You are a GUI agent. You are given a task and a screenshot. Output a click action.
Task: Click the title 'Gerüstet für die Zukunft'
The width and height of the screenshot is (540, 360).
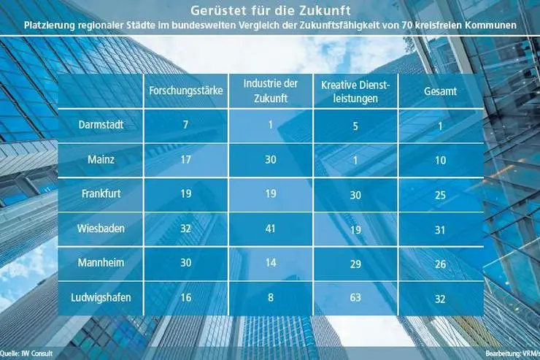(x=270, y=10)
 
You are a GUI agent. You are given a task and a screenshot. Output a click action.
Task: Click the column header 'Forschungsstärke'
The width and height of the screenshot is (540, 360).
(x=185, y=92)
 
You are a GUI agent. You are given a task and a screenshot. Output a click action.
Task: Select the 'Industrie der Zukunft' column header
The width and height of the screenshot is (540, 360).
(x=270, y=91)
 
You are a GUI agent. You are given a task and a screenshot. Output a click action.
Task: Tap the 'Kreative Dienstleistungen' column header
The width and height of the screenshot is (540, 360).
(x=354, y=91)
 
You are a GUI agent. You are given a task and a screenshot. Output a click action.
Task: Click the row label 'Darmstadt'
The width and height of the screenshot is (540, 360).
(x=101, y=125)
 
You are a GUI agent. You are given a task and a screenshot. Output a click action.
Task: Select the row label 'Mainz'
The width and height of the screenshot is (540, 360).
(x=101, y=160)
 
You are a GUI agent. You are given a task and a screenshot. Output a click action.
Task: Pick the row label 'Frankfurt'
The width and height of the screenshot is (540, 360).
(x=101, y=194)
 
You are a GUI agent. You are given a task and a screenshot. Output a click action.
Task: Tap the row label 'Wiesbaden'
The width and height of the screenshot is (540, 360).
(x=101, y=229)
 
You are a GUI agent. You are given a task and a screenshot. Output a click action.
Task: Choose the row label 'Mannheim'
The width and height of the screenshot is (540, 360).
(x=101, y=263)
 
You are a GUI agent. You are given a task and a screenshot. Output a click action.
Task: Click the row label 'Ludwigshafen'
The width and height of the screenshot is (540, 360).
(x=101, y=297)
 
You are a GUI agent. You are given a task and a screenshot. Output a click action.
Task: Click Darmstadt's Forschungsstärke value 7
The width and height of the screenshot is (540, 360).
(x=185, y=125)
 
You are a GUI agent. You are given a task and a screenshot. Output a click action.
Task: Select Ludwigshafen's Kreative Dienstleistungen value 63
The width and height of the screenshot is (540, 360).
(x=354, y=297)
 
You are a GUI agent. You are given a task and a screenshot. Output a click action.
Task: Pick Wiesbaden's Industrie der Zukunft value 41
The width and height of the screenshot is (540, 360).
(x=270, y=229)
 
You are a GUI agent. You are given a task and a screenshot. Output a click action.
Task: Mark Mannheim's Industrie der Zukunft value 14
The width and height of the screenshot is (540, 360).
(x=270, y=263)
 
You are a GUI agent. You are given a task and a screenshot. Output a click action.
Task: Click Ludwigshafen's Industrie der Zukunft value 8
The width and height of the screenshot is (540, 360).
(x=270, y=297)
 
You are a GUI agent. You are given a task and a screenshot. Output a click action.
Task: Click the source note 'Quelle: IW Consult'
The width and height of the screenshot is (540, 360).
(x=28, y=353)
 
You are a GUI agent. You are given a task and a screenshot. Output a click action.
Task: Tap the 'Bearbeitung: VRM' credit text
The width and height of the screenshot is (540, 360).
(x=511, y=353)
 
